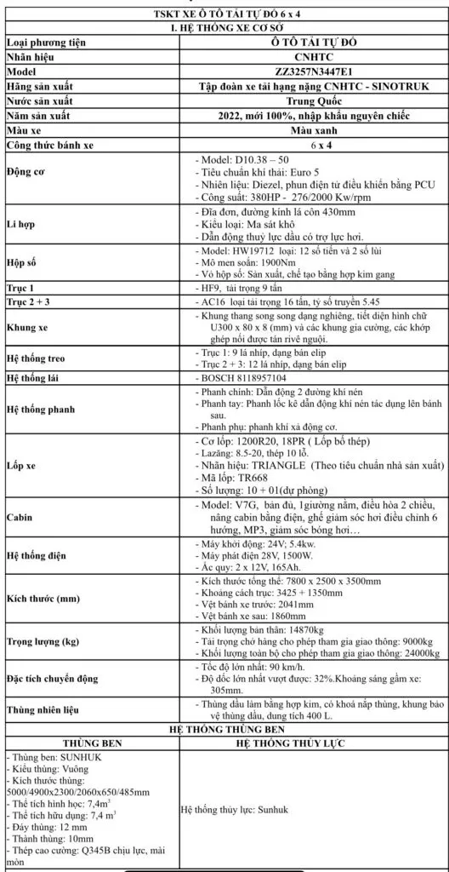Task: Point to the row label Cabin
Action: pos(20,540)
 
